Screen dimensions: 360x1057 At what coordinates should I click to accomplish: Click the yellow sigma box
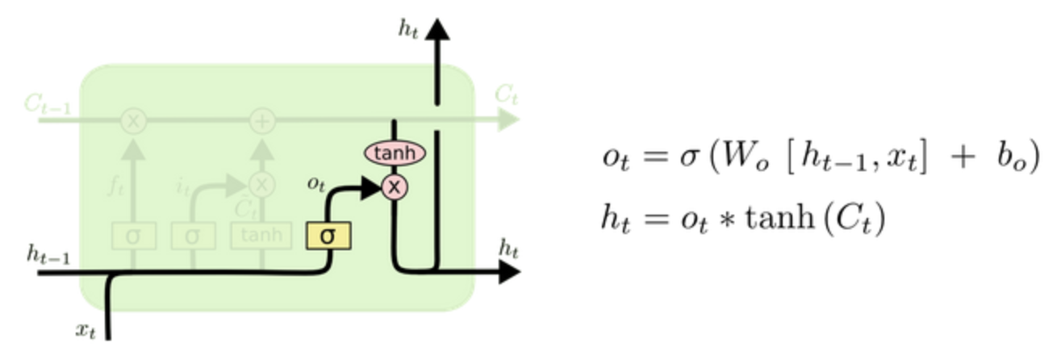tap(328, 237)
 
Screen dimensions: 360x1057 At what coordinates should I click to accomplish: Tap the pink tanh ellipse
tap(395, 152)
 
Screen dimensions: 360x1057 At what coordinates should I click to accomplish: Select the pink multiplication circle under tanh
tap(395, 187)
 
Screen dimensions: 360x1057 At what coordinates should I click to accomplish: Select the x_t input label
tap(85, 329)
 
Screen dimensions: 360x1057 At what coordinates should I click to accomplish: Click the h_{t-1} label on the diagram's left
tap(48, 257)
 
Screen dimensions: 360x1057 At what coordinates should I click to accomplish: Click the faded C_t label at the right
tap(506, 95)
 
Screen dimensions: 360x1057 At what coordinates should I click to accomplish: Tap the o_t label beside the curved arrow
tap(316, 182)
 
